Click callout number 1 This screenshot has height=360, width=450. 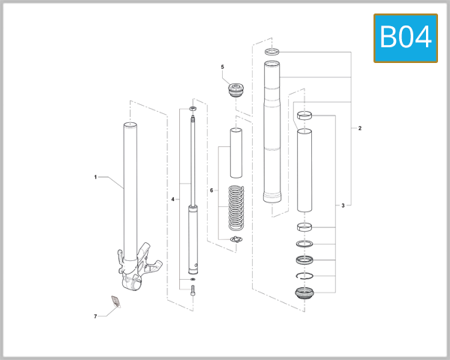[x=95, y=177]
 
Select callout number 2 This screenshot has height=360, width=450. [x=360, y=128]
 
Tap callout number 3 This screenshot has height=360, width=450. [x=343, y=205]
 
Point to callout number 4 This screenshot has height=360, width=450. [x=172, y=199]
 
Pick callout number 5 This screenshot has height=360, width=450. [x=222, y=67]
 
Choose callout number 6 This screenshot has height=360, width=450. [x=211, y=190]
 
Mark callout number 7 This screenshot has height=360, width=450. [x=95, y=316]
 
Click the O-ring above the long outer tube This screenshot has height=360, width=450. [x=272, y=52]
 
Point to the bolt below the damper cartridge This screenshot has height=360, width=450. [x=193, y=292]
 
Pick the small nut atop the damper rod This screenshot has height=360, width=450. [x=193, y=109]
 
